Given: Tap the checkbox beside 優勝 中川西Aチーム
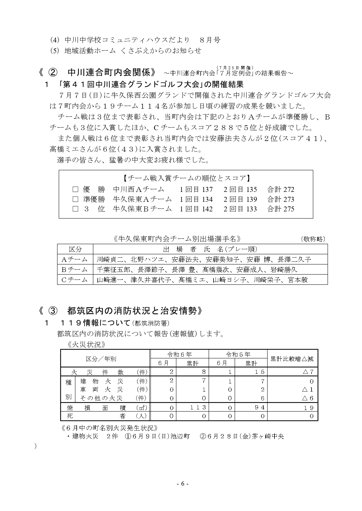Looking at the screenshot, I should (75, 190).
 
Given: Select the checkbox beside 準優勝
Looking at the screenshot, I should (75, 199).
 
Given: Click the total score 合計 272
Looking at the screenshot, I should (281, 190).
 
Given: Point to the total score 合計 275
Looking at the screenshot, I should (281, 209).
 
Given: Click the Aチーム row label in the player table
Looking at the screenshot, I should (75, 259).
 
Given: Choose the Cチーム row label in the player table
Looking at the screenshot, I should (75, 280).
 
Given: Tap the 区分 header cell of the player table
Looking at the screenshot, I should (75, 249).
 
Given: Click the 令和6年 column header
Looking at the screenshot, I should (179, 354).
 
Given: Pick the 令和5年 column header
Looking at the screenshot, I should (238, 354).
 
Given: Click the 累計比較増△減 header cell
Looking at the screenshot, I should (292, 359).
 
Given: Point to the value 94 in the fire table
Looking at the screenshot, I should (259, 407).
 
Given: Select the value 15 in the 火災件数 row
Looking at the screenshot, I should (259, 372).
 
